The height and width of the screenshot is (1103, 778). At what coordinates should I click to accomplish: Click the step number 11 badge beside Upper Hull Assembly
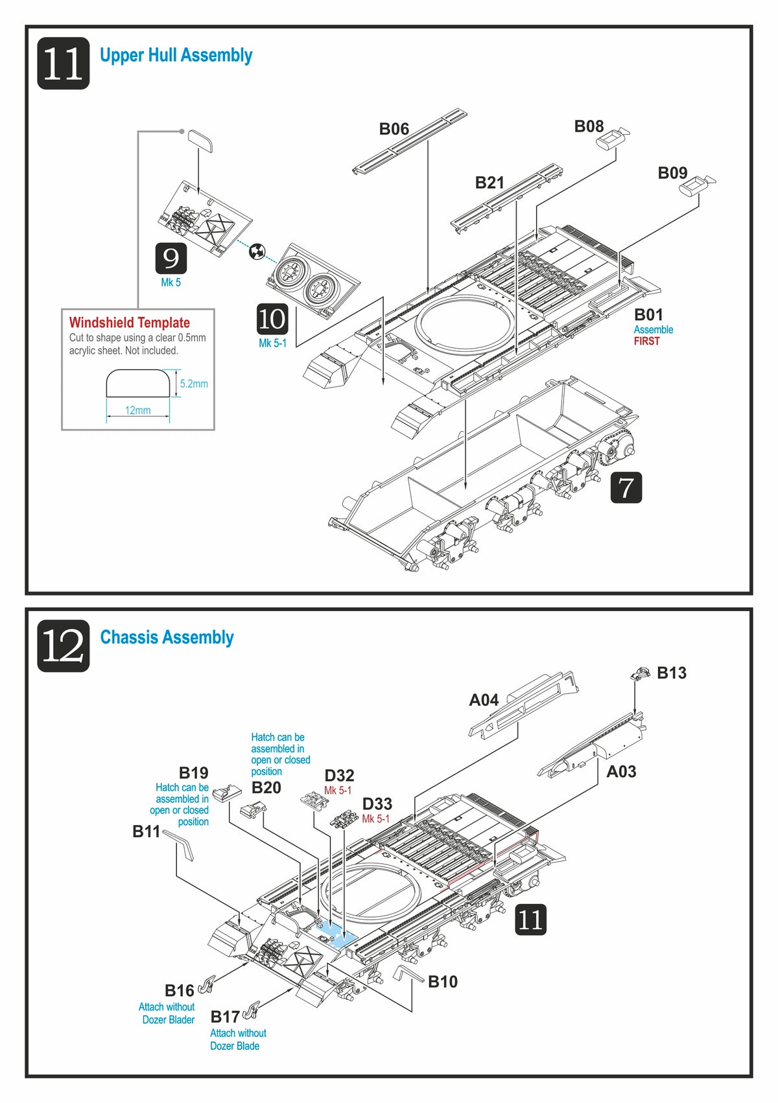(x=63, y=64)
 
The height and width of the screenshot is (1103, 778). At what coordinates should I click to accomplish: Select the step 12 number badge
(x=63, y=646)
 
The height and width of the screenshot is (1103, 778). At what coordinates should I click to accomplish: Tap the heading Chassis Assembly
(x=167, y=638)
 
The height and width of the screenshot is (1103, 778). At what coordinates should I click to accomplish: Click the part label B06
(x=394, y=129)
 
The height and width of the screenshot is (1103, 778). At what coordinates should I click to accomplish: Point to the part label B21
(x=489, y=183)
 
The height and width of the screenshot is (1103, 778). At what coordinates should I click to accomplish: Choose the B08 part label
(x=589, y=126)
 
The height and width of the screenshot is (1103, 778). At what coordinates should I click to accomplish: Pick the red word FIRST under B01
(x=646, y=342)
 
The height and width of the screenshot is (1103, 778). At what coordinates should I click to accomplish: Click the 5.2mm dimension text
(x=194, y=384)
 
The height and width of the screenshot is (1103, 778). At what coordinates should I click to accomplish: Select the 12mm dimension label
(x=137, y=410)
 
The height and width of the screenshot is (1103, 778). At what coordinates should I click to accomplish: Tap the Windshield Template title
(x=130, y=323)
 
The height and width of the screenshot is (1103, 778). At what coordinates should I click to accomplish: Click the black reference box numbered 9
(x=171, y=259)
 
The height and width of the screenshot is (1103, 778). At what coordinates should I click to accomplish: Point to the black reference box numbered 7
(x=626, y=487)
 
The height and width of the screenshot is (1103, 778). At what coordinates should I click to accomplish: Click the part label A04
(x=484, y=700)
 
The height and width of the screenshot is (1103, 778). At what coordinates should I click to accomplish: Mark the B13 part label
(x=671, y=673)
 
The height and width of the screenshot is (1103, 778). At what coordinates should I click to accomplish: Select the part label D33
(x=377, y=804)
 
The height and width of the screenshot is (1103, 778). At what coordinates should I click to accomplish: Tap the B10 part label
(x=443, y=982)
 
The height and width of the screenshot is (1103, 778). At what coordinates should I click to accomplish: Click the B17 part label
(x=224, y=1017)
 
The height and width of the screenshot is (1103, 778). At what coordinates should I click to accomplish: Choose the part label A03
(x=621, y=772)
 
